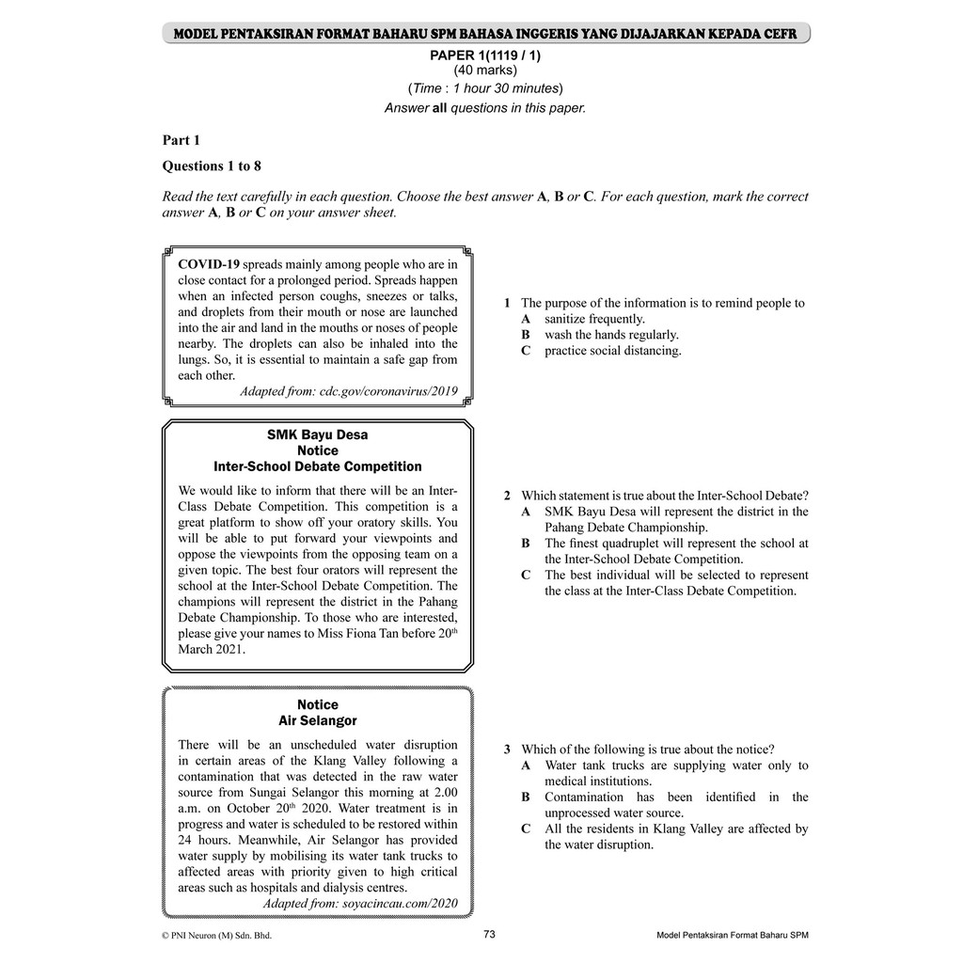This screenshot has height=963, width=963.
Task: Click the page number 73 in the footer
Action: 489,934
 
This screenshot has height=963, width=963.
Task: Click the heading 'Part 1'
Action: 182,140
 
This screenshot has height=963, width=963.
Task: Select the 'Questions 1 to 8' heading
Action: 212,166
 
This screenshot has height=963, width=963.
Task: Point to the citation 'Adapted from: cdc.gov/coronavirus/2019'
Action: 349,390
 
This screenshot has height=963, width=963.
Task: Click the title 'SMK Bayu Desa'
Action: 318,434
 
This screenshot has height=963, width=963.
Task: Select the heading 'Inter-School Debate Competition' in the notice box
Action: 318,466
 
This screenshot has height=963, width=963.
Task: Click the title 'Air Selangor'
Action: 318,720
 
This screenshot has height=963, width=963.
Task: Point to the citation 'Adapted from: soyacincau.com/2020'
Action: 360,903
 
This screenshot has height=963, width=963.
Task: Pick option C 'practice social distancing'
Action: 612,351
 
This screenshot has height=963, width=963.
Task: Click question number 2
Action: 507,496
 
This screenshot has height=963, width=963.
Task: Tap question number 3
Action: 507,750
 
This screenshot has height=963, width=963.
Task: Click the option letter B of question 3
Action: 527,797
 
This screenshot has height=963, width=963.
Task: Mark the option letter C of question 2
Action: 527,575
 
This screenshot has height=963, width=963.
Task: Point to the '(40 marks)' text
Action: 485,70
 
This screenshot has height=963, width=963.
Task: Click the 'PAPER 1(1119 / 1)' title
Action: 485,55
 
